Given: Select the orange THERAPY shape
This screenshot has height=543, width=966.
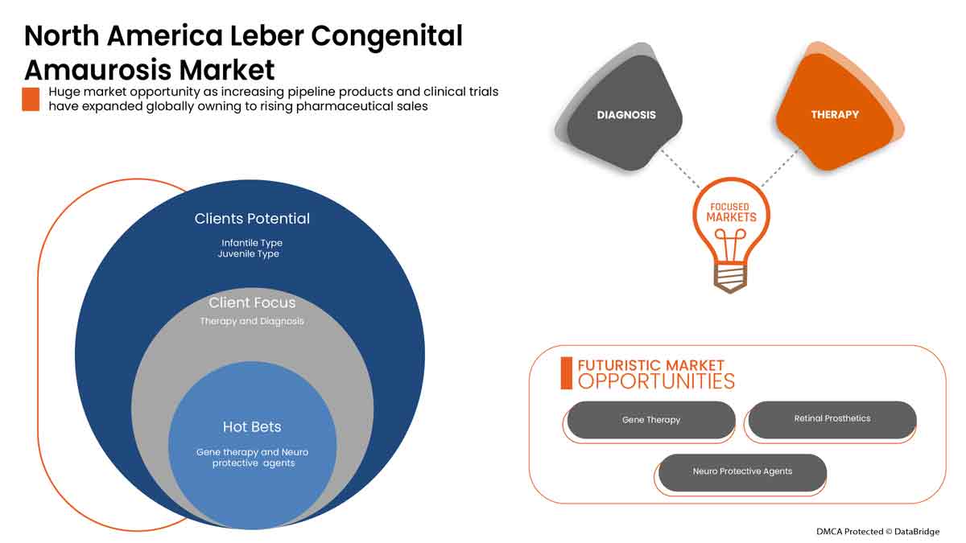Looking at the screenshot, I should [x=835, y=115].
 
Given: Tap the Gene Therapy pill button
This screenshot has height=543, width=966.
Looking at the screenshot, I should [x=651, y=420].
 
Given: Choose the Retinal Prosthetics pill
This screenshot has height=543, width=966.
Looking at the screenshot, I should [x=832, y=419].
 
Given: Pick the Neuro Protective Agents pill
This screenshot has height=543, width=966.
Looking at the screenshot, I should [x=742, y=471].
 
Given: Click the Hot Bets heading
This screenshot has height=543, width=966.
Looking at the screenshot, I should [x=252, y=426].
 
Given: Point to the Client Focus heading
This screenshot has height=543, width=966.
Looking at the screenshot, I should [x=252, y=302].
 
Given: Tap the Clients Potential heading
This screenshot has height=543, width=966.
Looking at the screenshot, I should [x=252, y=218].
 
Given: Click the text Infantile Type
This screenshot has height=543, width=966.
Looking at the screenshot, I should [x=252, y=242].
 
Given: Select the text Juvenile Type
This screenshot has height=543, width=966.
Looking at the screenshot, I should [x=248, y=254].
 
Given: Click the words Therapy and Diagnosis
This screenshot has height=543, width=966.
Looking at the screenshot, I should [x=252, y=321].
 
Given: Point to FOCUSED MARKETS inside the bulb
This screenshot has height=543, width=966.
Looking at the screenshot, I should [x=732, y=212].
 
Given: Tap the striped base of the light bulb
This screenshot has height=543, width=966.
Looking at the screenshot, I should [x=731, y=277].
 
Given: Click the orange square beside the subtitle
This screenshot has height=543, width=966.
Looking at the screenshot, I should [x=31, y=99].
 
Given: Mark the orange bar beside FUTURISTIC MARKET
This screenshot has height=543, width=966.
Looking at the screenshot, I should [x=566, y=372].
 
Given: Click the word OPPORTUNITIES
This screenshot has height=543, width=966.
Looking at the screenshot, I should [x=656, y=381].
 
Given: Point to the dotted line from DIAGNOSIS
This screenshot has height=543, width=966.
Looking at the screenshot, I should [x=681, y=167].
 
